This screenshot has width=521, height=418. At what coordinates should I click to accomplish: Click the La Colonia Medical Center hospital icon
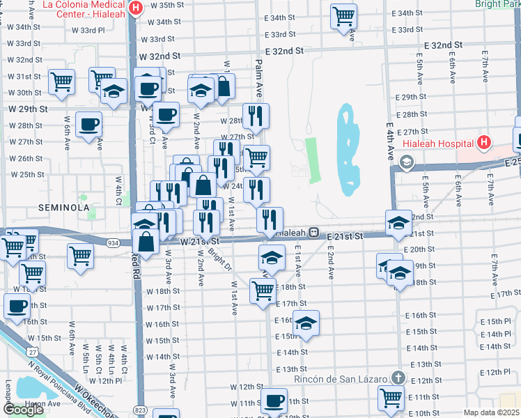tap(136, 8)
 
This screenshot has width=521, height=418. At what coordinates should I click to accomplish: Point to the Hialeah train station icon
tap(314, 232)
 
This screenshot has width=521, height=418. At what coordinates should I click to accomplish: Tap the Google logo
tap(23, 409)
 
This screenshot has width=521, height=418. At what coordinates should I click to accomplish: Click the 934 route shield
tap(114, 242)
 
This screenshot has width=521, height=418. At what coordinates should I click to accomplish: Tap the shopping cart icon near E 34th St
tap(343, 16)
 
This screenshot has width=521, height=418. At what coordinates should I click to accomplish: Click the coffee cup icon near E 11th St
tap(274, 401)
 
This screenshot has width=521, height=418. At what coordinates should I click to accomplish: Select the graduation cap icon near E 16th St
tap(306, 323)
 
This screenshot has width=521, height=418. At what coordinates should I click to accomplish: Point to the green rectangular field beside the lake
tap(311, 160)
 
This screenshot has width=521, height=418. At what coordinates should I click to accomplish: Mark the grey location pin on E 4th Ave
tap(406, 162)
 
